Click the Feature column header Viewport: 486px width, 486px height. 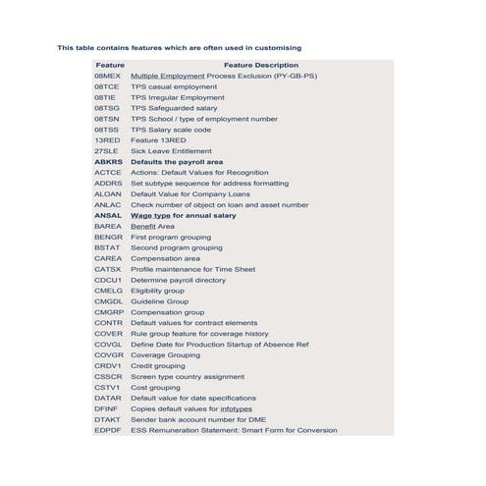[110, 65]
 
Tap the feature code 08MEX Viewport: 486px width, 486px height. [107, 76]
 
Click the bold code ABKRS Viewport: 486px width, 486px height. [108, 161]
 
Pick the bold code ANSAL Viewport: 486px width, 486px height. [108, 215]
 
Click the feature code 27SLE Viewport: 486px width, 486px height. [106, 150]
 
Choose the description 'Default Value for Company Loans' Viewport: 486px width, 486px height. [190, 193]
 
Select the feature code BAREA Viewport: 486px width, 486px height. [108, 226]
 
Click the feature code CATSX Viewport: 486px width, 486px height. [108, 269]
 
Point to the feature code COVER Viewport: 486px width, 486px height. [108, 333]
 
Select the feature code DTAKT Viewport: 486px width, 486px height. [108, 418]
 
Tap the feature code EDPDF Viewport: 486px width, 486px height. [108, 429]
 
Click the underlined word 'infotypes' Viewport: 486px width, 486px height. [235, 407]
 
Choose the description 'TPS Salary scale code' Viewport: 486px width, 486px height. [171, 129]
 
